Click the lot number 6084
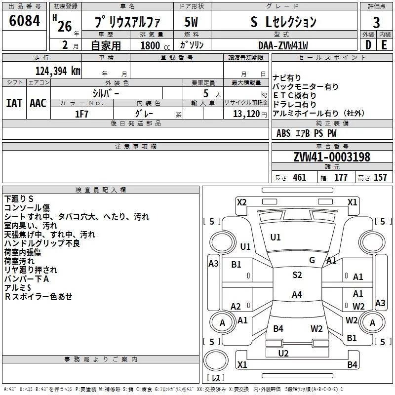[24, 20]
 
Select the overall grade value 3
[376, 22]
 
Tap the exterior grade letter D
[368, 45]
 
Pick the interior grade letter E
[384, 45]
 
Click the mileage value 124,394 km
[58, 71]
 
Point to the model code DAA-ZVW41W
[283, 45]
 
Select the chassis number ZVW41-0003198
[332, 157]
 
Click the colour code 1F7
[81, 114]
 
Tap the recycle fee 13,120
[246, 114]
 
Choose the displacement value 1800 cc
[155, 45]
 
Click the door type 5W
[191, 22]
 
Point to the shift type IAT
[14, 103]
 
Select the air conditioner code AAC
[38, 103]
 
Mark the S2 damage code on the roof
[297, 275]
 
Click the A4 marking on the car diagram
[297, 294]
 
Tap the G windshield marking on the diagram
[312, 260]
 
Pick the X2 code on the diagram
[241, 202]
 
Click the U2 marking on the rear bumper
[283, 353]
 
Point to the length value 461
[299, 177]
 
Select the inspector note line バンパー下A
[27, 279]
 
